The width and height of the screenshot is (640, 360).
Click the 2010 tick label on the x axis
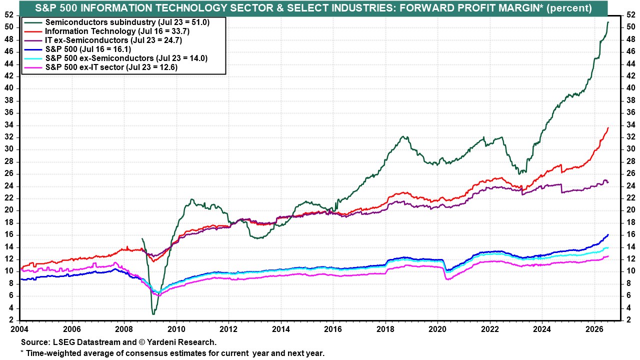tap(176, 329)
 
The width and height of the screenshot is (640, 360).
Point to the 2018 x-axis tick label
tap(385, 329)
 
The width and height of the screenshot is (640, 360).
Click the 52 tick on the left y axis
tap(9, 15)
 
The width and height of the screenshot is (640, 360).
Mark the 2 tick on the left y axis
tap(11, 320)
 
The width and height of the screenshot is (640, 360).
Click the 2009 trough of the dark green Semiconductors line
tap(153, 314)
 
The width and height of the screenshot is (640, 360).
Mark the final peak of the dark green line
tap(607, 22)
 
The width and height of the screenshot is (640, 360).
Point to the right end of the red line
tap(608, 127)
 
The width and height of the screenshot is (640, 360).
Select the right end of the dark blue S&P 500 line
tap(608, 234)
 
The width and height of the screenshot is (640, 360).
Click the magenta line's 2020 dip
tap(447, 279)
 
